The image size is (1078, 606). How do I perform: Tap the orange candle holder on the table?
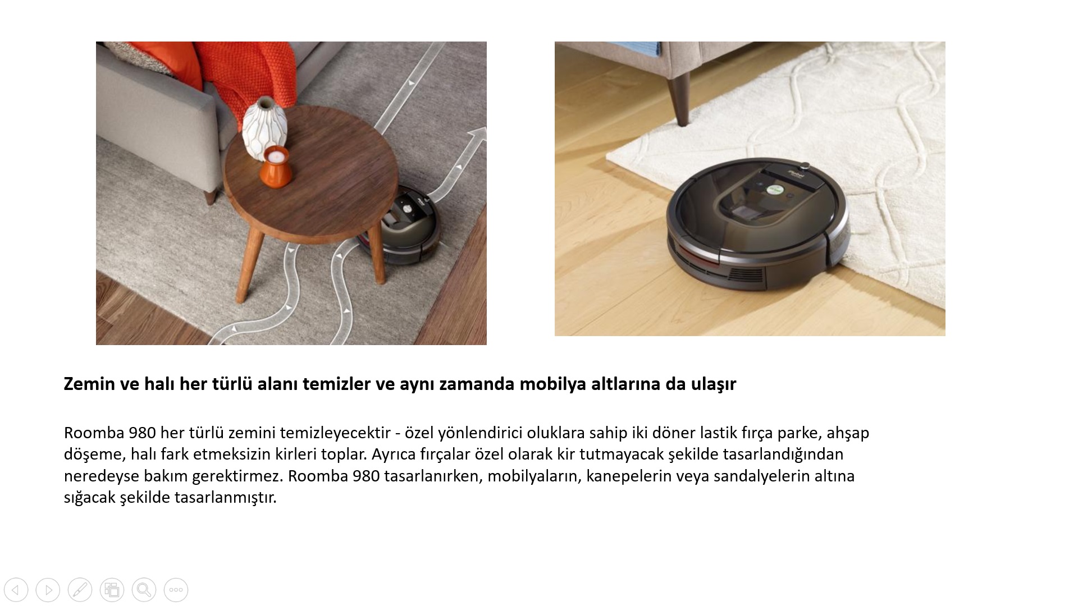pos(275,167)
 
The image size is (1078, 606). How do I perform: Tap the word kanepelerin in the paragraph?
pos(629,476)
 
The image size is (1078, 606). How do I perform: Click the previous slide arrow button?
pos(16,590)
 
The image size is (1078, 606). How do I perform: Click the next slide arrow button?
pos(48,590)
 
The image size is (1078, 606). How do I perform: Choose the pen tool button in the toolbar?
pos(80,590)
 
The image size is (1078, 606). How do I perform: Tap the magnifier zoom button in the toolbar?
pos(144,590)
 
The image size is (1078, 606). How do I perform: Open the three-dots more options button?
pos(176,590)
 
